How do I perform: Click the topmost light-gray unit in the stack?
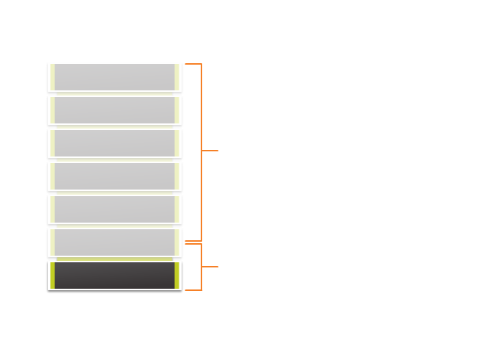tap(115, 77)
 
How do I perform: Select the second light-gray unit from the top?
tap(115, 110)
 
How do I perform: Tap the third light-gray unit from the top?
tap(115, 143)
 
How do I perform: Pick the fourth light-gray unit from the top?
tap(115, 176)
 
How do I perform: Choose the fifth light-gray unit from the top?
tap(115, 209)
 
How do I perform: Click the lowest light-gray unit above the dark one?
tap(115, 242)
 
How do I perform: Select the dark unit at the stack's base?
tap(115, 276)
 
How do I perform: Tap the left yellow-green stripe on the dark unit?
tap(52, 276)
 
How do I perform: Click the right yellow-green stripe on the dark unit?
tap(177, 276)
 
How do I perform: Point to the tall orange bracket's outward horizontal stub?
tap(210, 151)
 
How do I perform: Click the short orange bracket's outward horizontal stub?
tap(210, 267)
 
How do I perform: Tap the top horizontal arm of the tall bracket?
tap(193, 64)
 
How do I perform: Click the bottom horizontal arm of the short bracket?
tap(193, 290)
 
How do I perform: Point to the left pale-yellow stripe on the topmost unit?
tap(52, 77)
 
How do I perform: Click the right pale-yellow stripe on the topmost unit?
tap(177, 77)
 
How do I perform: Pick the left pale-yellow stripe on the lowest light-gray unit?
tap(52, 242)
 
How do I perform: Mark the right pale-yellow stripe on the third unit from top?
tap(177, 143)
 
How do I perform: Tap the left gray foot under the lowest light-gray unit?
tap(52, 259)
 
